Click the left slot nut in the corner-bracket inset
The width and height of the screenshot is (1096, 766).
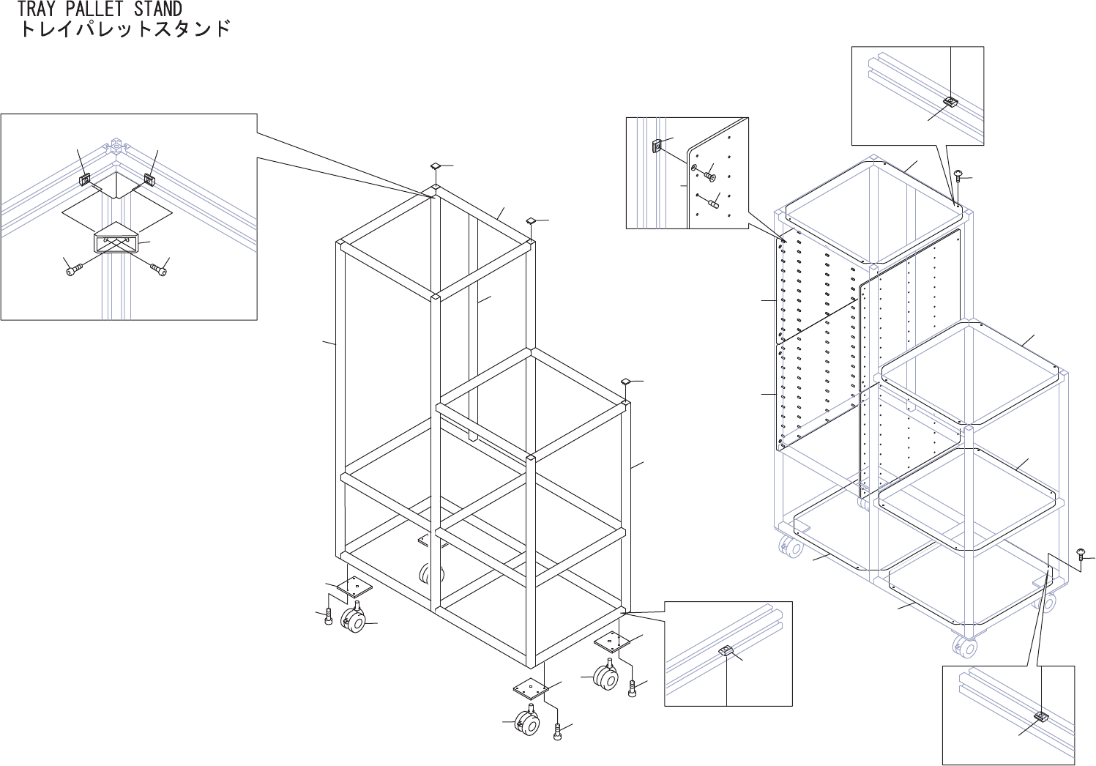coord(86,178)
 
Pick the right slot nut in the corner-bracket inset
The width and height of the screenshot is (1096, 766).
coord(149,178)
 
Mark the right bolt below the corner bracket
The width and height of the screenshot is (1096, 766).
coord(159,270)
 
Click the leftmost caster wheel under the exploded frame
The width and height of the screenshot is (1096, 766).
coord(353,622)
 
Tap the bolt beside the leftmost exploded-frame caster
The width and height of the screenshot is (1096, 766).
coord(329,617)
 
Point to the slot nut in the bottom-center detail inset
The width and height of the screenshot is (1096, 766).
coord(726,651)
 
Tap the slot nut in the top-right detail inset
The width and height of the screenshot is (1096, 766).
coord(950,101)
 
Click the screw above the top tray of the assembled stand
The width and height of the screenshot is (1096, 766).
coord(959,174)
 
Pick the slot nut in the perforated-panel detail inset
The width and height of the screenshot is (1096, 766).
coord(657,146)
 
